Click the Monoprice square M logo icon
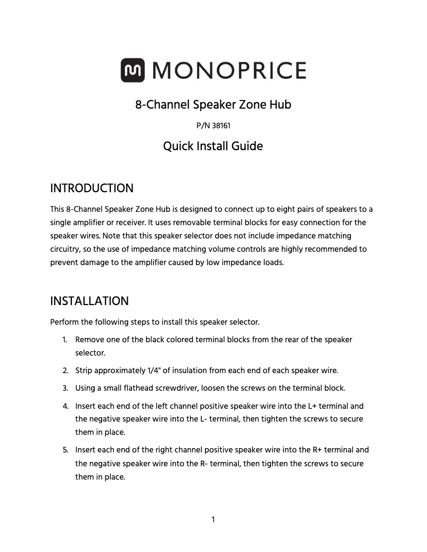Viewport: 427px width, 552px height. (x=133, y=70)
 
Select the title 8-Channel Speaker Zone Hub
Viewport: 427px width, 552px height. (x=213, y=104)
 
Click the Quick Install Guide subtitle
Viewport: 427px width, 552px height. (x=213, y=146)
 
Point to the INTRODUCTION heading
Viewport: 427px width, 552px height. (x=92, y=188)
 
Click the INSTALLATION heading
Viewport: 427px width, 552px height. (x=89, y=301)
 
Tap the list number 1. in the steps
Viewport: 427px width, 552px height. (x=64, y=340)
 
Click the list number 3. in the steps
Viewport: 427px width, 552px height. (x=64, y=388)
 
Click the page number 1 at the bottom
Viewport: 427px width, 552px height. (x=213, y=520)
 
